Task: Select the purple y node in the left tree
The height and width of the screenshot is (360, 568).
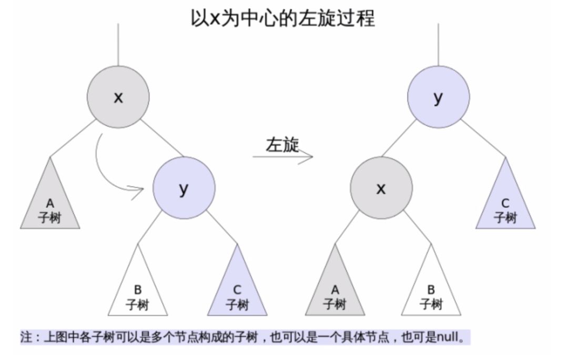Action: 184,188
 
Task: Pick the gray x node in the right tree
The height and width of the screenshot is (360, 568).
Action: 381,188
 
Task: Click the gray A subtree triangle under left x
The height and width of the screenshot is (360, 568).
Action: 50,205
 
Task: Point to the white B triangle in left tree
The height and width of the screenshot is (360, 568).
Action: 138,292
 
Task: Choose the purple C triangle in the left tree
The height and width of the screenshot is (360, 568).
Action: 237,292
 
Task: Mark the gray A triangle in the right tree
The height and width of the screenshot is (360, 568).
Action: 334,292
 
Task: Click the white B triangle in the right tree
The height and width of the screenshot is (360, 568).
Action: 431,292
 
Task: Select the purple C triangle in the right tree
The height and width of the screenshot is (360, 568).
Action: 505,205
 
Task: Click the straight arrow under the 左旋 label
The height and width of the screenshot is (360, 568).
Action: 283,157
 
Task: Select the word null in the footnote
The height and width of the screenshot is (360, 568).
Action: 447,337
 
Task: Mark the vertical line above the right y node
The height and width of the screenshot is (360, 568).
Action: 438,45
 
